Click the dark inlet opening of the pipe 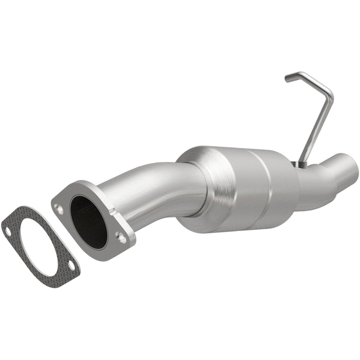pos(89,221)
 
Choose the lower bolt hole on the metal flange pos(121,237)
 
